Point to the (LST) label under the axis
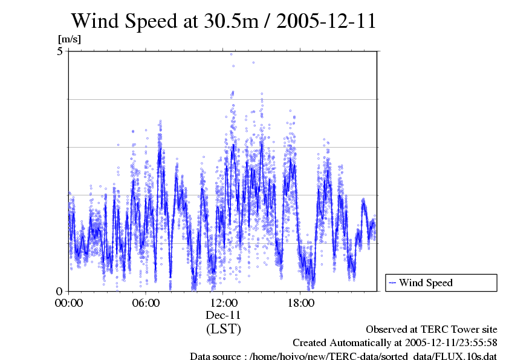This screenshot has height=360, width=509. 223,329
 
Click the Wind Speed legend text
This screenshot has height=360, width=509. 426,283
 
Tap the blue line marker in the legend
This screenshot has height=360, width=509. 392,283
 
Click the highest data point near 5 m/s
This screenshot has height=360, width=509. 231,54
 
